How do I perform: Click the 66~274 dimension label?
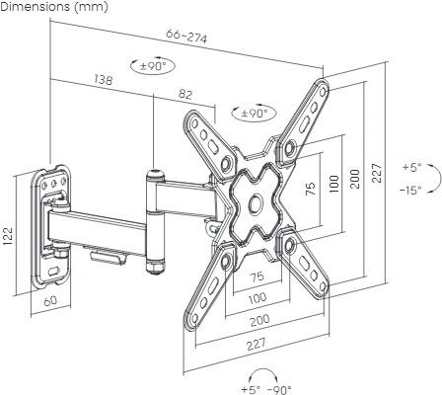click(186, 37)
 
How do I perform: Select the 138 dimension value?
click(104, 79)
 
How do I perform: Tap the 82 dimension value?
click(185, 95)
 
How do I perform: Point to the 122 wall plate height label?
click(8, 236)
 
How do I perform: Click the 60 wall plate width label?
click(50, 301)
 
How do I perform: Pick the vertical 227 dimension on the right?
click(378, 173)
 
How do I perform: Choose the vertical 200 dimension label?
click(355, 179)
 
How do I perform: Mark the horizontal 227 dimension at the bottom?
click(257, 344)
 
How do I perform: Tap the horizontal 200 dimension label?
click(259, 320)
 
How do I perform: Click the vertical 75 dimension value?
click(311, 189)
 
